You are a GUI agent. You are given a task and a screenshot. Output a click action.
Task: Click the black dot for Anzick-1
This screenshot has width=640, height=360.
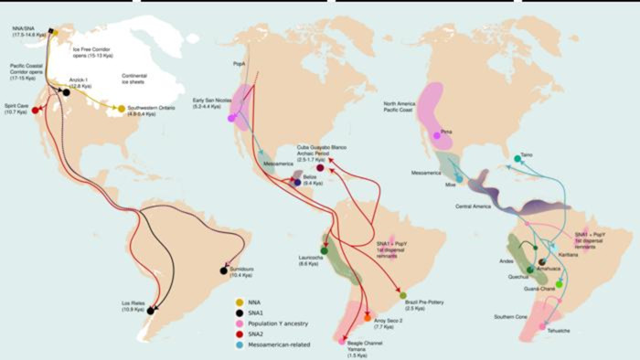click(68, 92)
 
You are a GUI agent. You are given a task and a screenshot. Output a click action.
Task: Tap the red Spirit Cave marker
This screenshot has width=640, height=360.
click(36, 111)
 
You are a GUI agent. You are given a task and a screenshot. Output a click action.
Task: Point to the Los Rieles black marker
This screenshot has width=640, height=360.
click(152, 310)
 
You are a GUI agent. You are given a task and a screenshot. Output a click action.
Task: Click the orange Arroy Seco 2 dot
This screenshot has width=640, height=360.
click(368, 315)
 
